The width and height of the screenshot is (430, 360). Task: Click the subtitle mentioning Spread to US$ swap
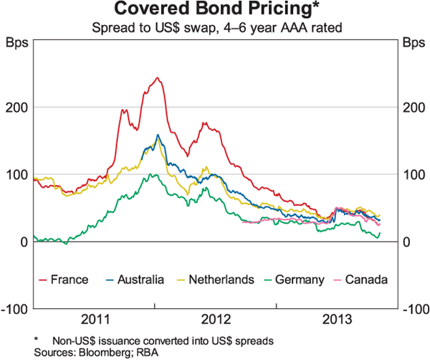pyautogui.click(x=215, y=29)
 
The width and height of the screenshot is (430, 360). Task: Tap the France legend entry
pyautogui.click(x=69, y=279)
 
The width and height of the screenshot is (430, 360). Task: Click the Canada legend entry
pyautogui.click(x=365, y=279)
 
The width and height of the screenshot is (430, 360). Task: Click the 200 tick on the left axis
pyautogui.click(x=19, y=108)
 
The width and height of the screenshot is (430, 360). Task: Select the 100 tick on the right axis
pyautogui.click(x=411, y=175)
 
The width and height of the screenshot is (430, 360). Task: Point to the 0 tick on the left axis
pyautogui.click(x=24, y=242)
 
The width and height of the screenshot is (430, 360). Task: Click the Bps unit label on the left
pyautogui.click(x=17, y=42)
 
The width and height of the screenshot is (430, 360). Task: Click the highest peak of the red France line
pyautogui.click(x=156, y=77)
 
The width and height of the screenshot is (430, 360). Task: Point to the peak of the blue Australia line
pyautogui.click(x=158, y=134)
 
